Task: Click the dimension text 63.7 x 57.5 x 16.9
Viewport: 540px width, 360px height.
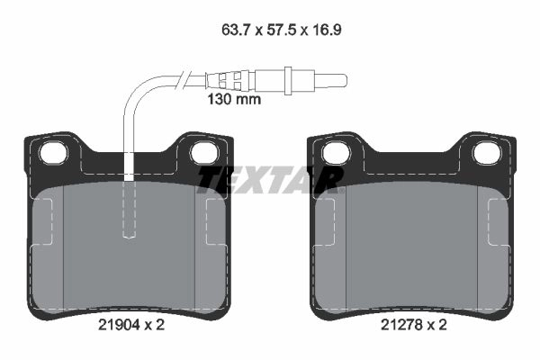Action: pyautogui.click(x=282, y=30)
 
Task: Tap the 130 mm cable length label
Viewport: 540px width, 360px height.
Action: pyautogui.click(x=234, y=99)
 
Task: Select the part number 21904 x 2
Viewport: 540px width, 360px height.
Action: pyautogui.click(x=131, y=325)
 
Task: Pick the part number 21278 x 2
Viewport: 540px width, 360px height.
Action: pyautogui.click(x=414, y=325)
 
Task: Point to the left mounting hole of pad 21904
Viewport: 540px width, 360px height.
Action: pyautogui.click(x=53, y=153)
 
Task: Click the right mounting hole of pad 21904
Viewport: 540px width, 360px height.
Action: pyautogui.click(x=204, y=153)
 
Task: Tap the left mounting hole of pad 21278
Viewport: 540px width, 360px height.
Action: pyautogui.click(x=336, y=153)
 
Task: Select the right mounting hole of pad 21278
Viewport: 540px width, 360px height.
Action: pyautogui.click(x=487, y=153)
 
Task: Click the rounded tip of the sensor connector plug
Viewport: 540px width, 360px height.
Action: pyautogui.click(x=345, y=81)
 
